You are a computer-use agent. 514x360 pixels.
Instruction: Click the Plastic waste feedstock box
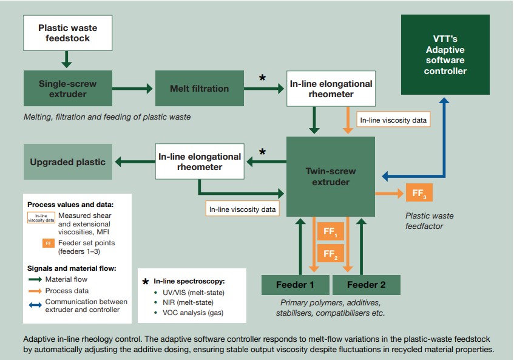[x=68, y=33]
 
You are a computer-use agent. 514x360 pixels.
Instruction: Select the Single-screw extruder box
[x=68, y=89]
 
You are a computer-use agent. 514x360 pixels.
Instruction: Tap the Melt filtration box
[x=200, y=89]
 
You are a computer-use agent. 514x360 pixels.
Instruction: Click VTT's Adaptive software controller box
[x=445, y=55]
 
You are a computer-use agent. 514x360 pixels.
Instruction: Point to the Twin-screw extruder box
[x=331, y=177]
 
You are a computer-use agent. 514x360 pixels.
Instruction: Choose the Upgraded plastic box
[x=68, y=162]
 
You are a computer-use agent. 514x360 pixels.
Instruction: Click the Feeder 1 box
[x=296, y=285]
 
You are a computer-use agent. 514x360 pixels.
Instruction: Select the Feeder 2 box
[x=367, y=285]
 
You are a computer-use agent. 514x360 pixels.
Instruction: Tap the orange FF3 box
[x=419, y=193]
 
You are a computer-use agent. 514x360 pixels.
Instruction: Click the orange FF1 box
[x=330, y=231]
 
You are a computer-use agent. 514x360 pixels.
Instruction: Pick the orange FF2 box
[x=330, y=253]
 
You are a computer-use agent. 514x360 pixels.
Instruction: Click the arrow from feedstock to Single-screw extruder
[x=67, y=59]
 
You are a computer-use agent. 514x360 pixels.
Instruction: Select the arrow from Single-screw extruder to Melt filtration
[x=132, y=88]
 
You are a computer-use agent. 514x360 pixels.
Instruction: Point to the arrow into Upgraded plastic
[x=135, y=161]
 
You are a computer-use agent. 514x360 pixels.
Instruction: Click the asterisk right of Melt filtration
[x=262, y=78]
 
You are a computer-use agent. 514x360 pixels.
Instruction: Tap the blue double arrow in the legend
[x=35, y=305]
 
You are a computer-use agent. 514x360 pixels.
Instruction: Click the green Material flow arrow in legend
[x=35, y=279]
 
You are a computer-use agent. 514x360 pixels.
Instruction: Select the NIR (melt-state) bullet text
[x=188, y=302]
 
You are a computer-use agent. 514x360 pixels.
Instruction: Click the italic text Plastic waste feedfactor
[x=430, y=221]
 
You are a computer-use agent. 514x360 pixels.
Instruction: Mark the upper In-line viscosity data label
[x=393, y=120]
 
